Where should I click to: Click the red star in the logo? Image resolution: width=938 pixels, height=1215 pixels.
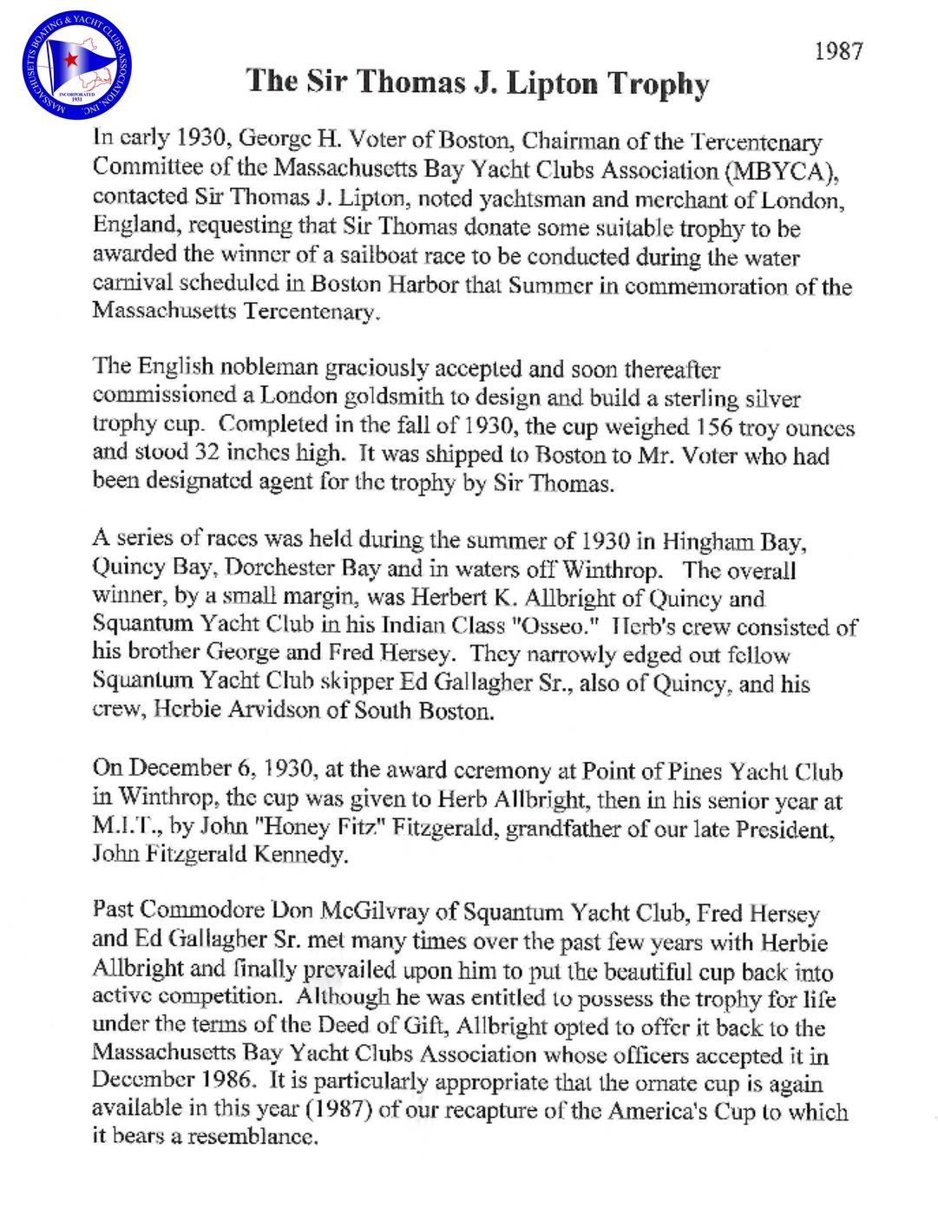(x=67, y=60)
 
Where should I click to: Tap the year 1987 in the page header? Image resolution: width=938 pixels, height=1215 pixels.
(x=837, y=51)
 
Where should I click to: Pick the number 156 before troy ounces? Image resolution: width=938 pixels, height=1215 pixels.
(x=714, y=427)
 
